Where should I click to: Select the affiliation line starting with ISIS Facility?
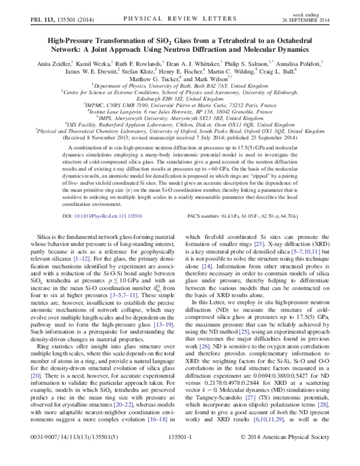point(181,124)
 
